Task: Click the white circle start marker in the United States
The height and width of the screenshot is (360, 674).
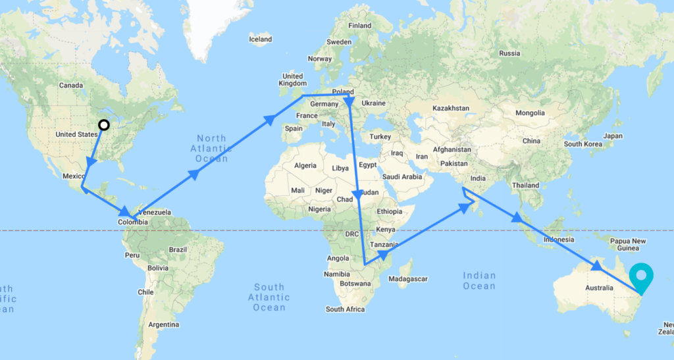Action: click(103, 124)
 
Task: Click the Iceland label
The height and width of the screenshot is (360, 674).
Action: click(260, 39)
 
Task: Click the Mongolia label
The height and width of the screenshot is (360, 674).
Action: click(525, 113)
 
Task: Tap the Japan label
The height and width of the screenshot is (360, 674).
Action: click(612, 136)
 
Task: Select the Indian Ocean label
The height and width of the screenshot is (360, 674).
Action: click(479, 280)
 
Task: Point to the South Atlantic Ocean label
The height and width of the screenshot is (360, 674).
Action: click(269, 297)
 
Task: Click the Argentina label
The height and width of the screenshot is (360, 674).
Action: click(164, 324)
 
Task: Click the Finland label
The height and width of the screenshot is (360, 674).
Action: click(360, 26)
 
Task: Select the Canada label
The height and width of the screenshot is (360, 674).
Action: click(71, 85)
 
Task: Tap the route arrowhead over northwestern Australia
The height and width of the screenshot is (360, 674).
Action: click(596, 267)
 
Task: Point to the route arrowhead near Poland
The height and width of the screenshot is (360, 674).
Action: click(349, 101)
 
